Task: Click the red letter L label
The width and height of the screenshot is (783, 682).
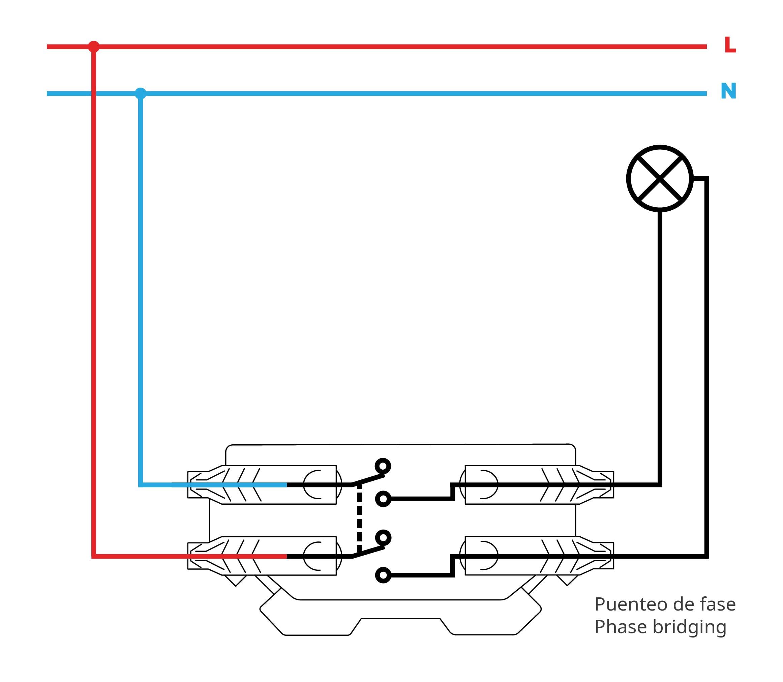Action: pyautogui.click(x=730, y=45)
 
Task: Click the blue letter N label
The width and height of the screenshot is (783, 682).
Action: pyautogui.click(x=728, y=91)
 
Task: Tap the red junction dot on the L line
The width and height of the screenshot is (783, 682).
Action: pyautogui.click(x=94, y=47)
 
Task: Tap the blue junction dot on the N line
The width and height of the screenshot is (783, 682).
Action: pyautogui.click(x=141, y=93)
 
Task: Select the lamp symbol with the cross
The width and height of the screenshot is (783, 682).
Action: pyautogui.click(x=659, y=178)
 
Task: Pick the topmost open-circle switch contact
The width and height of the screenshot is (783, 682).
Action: pyautogui.click(x=383, y=466)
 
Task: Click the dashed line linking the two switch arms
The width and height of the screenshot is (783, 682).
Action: pyautogui.click(x=359, y=522)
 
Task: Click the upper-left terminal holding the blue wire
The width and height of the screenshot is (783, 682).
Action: pyautogui.click(x=262, y=485)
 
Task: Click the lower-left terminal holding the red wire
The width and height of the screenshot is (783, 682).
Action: pyautogui.click(x=262, y=556)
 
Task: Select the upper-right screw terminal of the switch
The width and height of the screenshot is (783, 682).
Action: pyautogui.click(x=537, y=485)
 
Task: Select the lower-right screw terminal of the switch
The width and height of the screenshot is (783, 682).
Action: pyautogui.click(x=537, y=556)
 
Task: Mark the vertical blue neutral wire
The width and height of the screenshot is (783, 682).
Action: pyautogui.click(x=141, y=289)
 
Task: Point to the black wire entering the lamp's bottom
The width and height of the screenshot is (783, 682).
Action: pyautogui.click(x=659, y=348)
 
